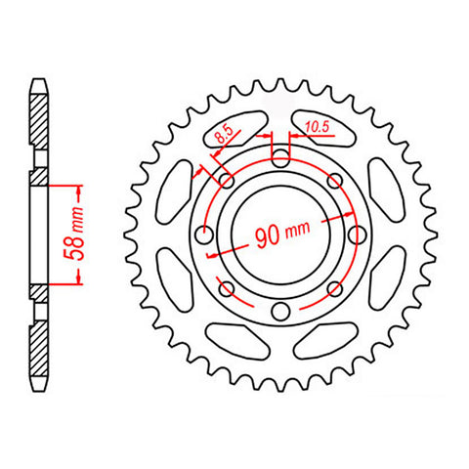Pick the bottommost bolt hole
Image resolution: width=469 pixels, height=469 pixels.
280,312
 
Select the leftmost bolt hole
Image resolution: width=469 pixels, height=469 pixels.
204,234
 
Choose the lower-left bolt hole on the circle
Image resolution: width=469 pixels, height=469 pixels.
227,288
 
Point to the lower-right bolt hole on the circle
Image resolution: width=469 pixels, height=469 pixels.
335,288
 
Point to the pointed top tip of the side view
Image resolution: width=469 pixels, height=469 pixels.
39,80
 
